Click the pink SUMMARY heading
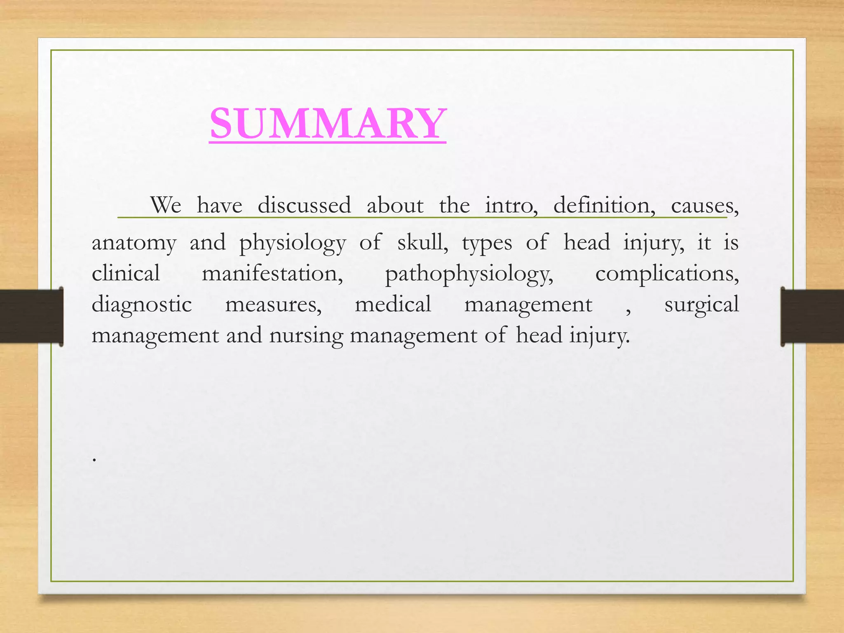[328, 124]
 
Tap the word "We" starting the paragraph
[165, 205]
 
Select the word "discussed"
[304, 205]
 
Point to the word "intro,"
[511, 205]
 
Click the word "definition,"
[604, 205]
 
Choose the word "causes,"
[705, 205]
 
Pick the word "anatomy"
[134, 243]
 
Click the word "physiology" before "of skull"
[292, 243]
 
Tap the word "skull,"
[423, 242]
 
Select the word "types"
[487, 243]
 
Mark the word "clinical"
[126, 273]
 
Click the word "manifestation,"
[272, 273]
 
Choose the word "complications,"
[667, 273]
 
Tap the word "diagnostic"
[142, 305]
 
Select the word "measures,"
[273, 305]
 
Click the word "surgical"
[701, 305]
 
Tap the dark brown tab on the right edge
[812, 316]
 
